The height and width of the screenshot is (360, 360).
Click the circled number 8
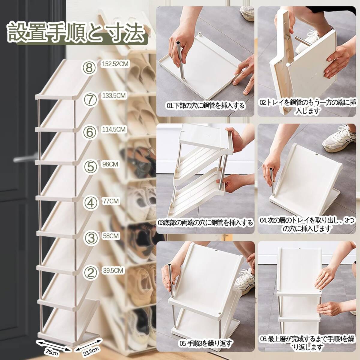click(89, 67)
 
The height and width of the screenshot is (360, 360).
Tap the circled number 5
click(91, 166)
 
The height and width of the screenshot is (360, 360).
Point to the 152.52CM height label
click(115, 64)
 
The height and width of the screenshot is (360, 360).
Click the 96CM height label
click(110, 164)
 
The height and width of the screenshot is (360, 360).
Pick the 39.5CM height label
click(113, 271)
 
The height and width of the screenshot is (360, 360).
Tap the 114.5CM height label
click(114, 129)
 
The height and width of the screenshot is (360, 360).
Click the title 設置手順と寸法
click(76, 32)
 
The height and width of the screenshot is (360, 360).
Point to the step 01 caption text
click(205, 106)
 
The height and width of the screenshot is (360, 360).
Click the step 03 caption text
click(205, 223)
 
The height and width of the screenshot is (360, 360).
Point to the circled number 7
click(90, 99)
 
